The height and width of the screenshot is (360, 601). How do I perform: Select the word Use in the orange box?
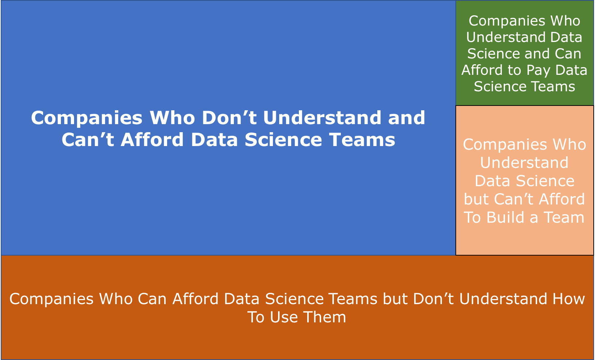(284, 317)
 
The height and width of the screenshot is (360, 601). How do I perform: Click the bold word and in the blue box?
(407, 118)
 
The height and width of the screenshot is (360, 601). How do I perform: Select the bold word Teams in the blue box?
(362, 139)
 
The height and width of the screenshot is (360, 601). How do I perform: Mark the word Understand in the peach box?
(524, 162)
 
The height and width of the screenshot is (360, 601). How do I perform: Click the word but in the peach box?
(477, 199)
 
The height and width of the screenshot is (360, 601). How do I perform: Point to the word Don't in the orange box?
(433, 299)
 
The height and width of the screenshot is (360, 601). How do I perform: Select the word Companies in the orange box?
(51, 299)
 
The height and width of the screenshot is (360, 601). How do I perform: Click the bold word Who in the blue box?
(172, 118)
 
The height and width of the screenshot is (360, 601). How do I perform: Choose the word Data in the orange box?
(242, 299)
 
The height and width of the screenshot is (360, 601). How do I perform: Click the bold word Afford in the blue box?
(152, 139)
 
